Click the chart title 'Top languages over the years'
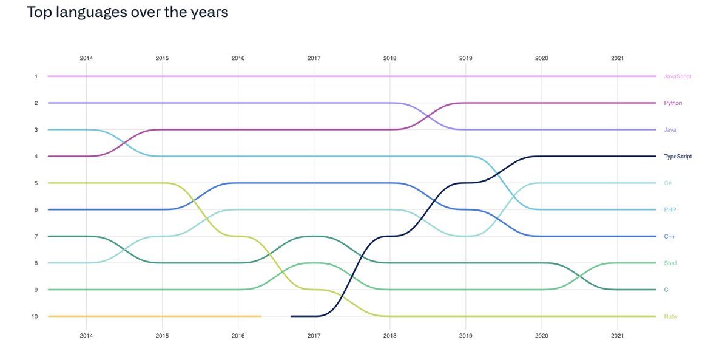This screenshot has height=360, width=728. point(127,12)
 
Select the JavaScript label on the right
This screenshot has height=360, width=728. point(677,76)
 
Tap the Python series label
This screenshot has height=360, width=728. point(673,103)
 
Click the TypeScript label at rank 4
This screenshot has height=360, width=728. point(678,157)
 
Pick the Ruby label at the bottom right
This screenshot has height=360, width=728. point(670,316)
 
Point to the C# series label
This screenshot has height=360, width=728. point(667,183)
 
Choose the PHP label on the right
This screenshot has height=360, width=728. point(670,210)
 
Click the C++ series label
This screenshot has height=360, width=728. point(669,237)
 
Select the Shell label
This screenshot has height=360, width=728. point(670,263)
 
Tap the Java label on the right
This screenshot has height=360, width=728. point(670,130)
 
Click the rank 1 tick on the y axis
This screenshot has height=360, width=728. point(36,76)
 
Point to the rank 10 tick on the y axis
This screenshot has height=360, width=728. point(35,316)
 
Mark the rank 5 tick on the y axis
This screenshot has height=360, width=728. point(36,183)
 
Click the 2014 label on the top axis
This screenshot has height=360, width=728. point(86,58)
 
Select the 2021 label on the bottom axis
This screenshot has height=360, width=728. point(617,335)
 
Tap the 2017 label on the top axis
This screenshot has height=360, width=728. point(314,58)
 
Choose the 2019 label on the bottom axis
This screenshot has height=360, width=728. point(465,335)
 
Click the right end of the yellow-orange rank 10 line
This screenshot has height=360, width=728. point(261,316)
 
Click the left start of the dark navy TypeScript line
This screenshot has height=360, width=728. point(292,316)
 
